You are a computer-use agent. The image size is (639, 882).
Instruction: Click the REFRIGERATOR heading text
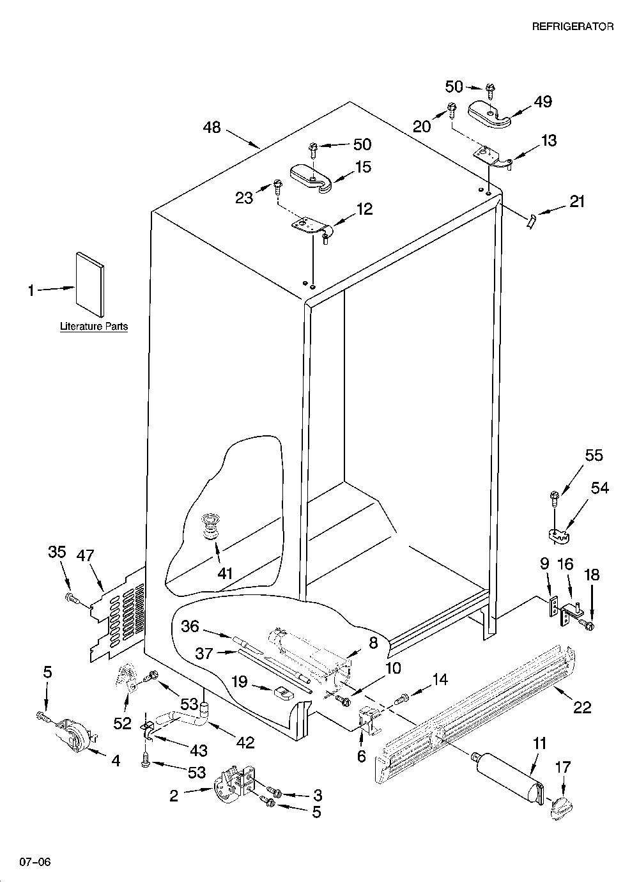pyautogui.click(x=573, y=26)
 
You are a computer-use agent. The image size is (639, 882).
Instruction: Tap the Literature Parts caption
pyautogui.click(x=94, y=327)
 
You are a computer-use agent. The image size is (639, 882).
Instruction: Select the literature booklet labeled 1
pyautogui.click(x=90, y=284)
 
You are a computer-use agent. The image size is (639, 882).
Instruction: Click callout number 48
pyautogui.click(x=212, y=127)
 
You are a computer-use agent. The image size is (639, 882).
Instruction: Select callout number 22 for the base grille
pyautogui.click(x=582, y=708)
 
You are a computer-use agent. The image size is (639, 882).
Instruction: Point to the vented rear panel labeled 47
pyautogui.click(x=116, y=615)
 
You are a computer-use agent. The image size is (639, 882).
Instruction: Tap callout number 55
pyautogui.click(x=594, y=455)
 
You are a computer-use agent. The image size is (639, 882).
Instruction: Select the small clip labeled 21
pyautogui.click(x=531, y=221)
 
